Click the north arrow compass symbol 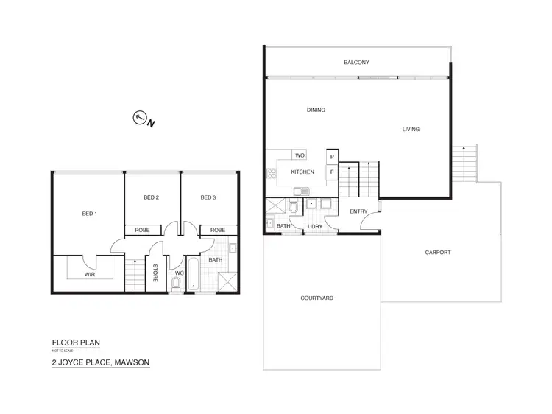139,117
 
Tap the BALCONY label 356,63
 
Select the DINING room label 316,110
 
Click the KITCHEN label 302,172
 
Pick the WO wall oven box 299,155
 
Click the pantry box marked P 332,157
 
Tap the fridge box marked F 332,172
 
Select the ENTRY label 358,212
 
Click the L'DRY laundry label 314,226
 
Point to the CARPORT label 438,253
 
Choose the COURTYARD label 317,298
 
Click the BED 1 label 89,214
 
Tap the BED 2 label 152,197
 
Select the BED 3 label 208,197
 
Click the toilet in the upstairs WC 177,283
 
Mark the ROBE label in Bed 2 143,231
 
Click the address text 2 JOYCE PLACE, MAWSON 100,362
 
